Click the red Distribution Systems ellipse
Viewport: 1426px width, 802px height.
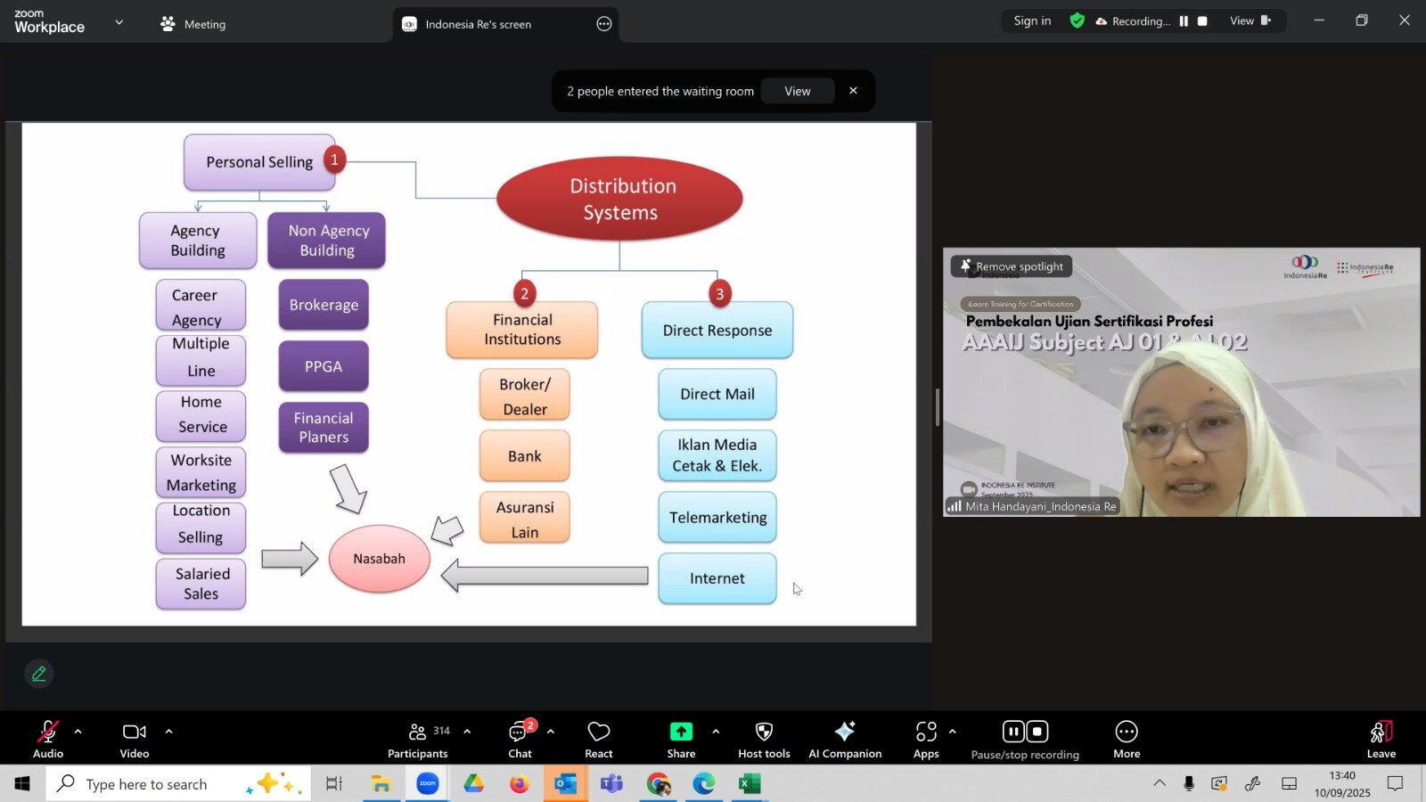click(x=619, y=199)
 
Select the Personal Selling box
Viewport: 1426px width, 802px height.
click(x=258, y=162)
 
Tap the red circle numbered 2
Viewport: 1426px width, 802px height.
click(x=524, y=293)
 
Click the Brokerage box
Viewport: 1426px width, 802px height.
click(x=324, y=305)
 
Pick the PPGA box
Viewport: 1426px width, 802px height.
click(x=324, y=366)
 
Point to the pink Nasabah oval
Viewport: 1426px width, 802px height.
click(x=380, y=559)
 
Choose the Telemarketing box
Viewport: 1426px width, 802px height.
click(x=717, y=518)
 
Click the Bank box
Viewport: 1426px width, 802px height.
click(x=525, y=456)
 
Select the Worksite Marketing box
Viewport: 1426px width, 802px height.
click(x=201, y=472)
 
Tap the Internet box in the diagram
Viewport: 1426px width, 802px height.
click(x=717, y=578)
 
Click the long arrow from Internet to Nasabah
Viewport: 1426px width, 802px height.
click(x=545, y=576)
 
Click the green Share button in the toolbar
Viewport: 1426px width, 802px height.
click(x=681, y=732)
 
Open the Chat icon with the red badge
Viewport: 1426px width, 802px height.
click(x=519, y=732)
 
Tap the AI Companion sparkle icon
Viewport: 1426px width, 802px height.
click(x=845, y=732)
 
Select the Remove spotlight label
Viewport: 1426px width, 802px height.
click(x=1012, y=266)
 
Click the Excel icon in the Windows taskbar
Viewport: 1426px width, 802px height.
click(x=750, y=784)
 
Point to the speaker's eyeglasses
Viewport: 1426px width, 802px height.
click(x=1184, y=428)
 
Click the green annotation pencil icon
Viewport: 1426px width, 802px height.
click(x=39, y=674)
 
